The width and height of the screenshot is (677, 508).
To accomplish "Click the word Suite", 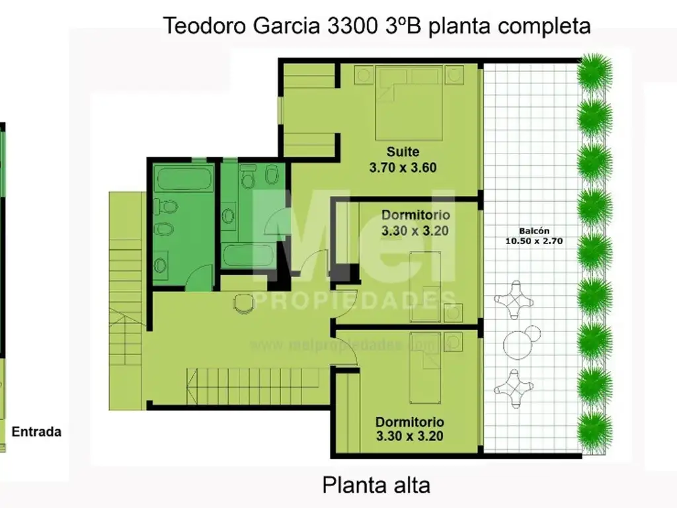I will [403, 151].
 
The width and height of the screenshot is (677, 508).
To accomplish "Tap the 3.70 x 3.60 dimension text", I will [403, 167].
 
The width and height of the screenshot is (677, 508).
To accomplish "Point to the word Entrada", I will [37, 432].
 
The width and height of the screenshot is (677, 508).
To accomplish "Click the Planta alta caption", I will [376, 486].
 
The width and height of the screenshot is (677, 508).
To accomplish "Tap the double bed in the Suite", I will [407, 103].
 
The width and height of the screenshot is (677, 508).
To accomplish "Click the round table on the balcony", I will [522, 342].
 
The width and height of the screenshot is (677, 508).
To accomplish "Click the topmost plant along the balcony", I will [594, 71].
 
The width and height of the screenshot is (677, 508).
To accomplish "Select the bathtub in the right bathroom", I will [247, 255].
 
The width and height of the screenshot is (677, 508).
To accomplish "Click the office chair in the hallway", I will [245, 303].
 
